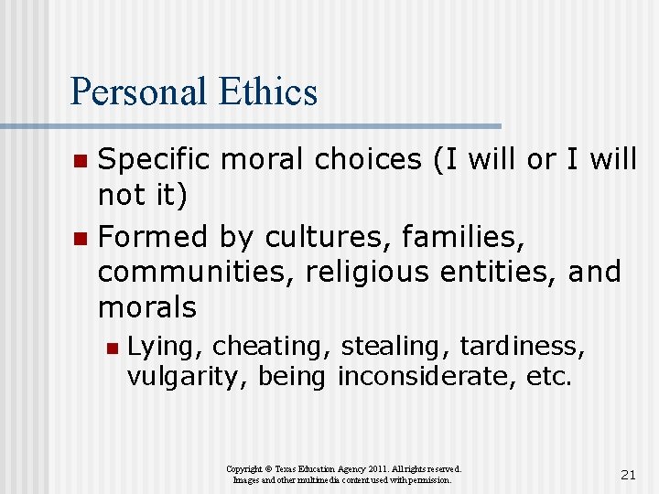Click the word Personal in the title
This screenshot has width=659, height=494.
[x=137, y=91]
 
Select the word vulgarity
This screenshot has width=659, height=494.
[x=187, y=376]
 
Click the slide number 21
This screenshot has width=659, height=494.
[x=628, y=474]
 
